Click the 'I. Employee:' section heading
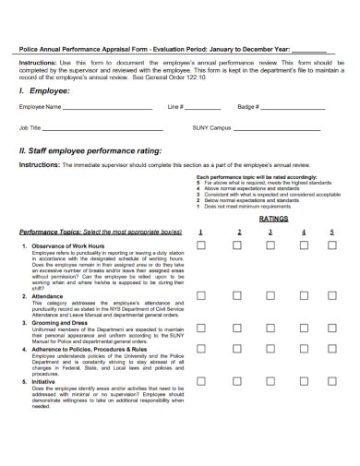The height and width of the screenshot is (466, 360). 44,91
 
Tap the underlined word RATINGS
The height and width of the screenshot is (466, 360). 273,220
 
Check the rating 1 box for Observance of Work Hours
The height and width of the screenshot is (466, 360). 201,245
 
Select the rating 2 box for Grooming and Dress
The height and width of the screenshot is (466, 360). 236,322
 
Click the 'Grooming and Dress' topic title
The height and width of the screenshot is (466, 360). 67,322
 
